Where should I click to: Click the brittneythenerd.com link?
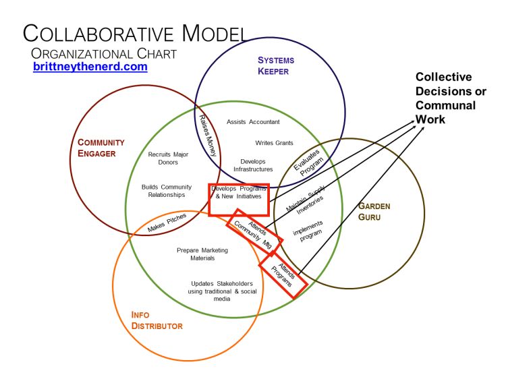(x=90, y=67)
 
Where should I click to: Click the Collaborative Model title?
(x=134, y=33)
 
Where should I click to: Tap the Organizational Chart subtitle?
(x=104, y=53)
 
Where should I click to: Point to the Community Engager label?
(x=101, y=148)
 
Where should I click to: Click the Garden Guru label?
(x=374, y=211)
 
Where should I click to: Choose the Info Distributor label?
(x=157, y=320)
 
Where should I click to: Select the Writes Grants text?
(x=274, y=143)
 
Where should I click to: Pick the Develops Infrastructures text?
(x=253, y=165)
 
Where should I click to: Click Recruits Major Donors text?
(x=163, y=158)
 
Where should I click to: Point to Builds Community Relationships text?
(x=167, y=191)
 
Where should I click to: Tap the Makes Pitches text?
(x=167, y=223)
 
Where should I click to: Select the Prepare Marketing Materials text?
(x=202, y=254)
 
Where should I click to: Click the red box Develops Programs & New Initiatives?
(x=239, y=199)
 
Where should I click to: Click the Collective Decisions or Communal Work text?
(x=450, y=98)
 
